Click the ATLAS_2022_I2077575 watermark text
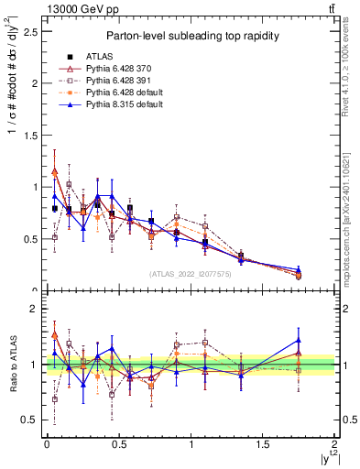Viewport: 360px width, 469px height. point(191,274)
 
